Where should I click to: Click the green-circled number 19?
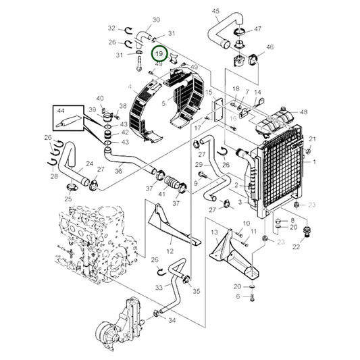click(x=159, y=54)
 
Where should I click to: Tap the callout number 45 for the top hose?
click(x=215, y=11)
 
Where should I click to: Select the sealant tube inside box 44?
click(x=69, y=120)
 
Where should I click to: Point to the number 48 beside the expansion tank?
click(x=304, y=112)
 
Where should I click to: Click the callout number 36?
click(x=118, y=171)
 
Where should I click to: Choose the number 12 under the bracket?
click(x=170, y=251)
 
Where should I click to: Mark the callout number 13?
click(x=214, y=232)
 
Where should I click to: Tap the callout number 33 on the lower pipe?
click(x=159, y=287)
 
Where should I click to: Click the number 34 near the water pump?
click(x=172, y=320)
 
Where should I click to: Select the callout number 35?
click(x=197, y=291)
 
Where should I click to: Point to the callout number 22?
click(x=297, y=247)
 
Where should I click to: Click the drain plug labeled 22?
click(x=307, y=232)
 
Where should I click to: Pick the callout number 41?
click(x=162, y=194)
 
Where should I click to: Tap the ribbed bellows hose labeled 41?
click(x=171, y=182)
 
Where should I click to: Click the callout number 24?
click(x=90, y=163)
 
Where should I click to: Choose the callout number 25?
click(x=68, y=199)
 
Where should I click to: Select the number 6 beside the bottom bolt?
click(x=238, y=297)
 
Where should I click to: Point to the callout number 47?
click(x=257, y=29)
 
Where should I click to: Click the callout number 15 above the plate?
click(x=209, y=93)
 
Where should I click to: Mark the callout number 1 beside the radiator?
click(x=314, y=162)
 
